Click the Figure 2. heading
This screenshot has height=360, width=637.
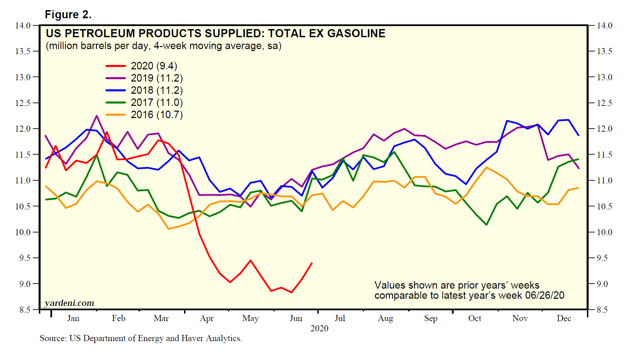pos(68,15)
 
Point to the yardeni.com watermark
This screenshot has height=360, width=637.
pos(69,303)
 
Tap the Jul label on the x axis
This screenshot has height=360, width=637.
pos(340,318)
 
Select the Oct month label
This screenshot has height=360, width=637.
pos(475,318)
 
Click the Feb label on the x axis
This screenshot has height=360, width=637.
pos(119,318)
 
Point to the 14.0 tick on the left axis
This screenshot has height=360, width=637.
pos(23,26)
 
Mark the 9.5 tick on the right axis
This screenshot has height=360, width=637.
pos(605,258)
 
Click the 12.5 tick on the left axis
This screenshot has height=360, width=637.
pos(23,103)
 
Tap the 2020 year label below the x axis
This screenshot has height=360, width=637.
pos(319,329)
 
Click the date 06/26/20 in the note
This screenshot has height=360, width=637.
pos(545,295)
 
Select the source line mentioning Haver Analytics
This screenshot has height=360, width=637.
pos(141,338)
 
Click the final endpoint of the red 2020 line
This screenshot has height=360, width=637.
pos(312,263)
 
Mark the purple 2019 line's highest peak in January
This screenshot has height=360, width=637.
pos(97,116)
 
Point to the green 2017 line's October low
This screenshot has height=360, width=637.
pos(486,225)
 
